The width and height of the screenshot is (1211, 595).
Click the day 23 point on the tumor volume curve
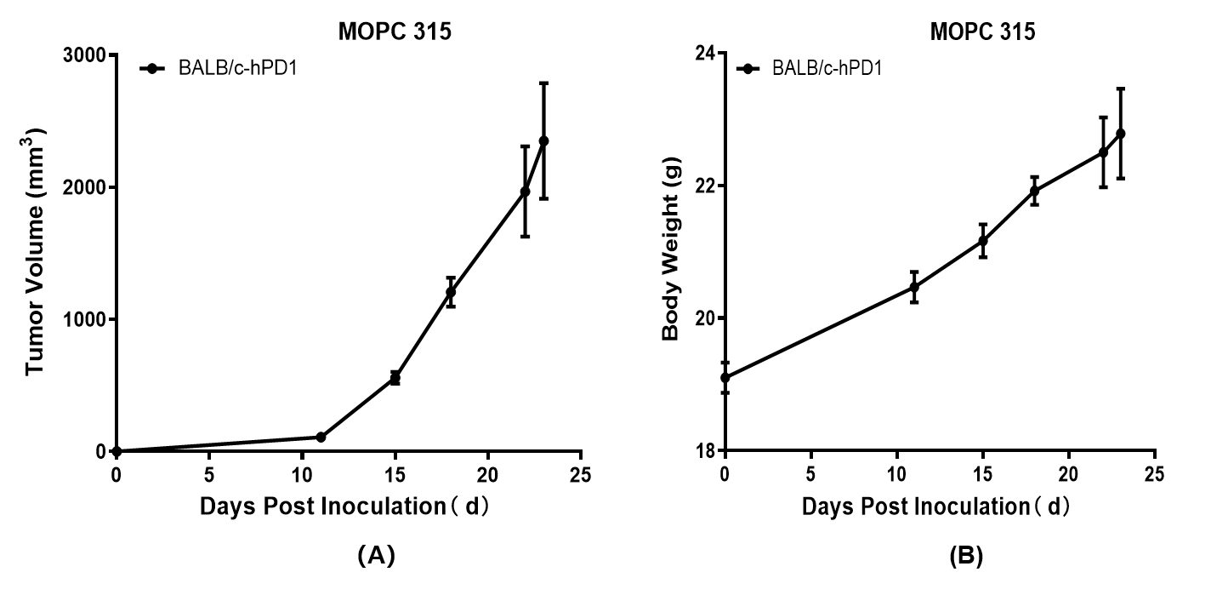(x=543, y=141)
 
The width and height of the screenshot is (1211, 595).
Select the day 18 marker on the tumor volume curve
(x=451, y=292)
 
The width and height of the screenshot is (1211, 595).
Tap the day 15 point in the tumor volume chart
(x=395, y=378)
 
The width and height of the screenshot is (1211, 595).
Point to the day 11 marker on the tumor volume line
(x=321, y=437)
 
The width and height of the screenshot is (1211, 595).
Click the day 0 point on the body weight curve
(x=725, y=377)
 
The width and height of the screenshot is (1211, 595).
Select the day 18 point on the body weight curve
(x=1034, y=191)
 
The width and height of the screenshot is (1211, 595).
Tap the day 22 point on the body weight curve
(x=1103, y=152)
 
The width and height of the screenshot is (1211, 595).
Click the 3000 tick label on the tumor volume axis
(x=83, y=55)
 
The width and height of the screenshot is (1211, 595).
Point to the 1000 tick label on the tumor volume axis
(x=83, y=319)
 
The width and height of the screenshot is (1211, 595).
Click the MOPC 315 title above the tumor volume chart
(x=395, y=32)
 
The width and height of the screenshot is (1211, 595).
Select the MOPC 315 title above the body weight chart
(x=982, y=32)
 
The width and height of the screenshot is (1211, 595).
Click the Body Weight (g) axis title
(x=672, y=253)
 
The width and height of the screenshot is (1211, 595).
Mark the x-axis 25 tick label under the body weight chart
(x=1154, y=473)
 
